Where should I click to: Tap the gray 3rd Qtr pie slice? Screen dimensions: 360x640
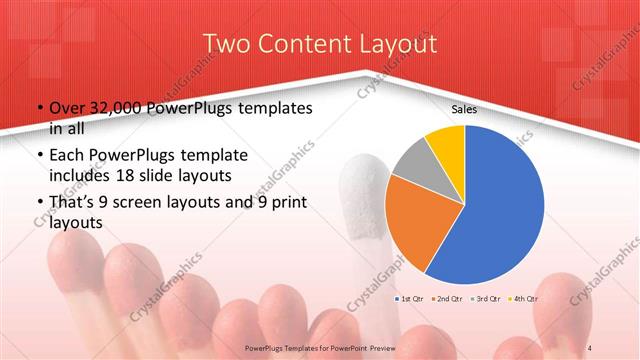pos(412,165)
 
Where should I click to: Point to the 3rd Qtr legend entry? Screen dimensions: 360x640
pos(486,299)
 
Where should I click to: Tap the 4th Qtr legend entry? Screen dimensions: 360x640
pos(524,299)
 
